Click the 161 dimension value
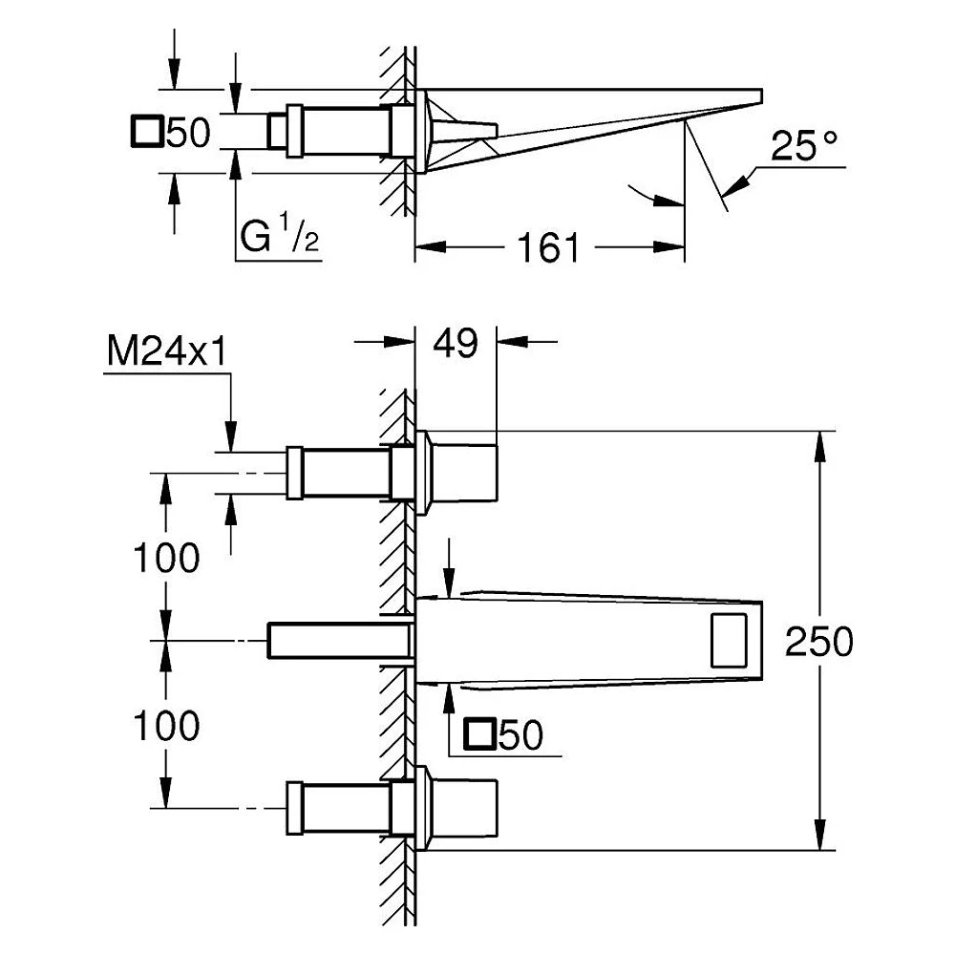[x=548, y=248]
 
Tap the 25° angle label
[x=804, y=146]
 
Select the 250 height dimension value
[x=818, y=642]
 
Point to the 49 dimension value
[x=456, y=343]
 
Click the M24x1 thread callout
[x=167, y=351]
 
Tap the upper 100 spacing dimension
[x=166, y=558]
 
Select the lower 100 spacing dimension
[x=166, y=726]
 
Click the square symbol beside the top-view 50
[x=146, y=131]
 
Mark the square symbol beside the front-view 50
[x=479, y=733]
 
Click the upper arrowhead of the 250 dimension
[x=820, y=446]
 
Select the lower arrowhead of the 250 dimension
[x=820, y=835]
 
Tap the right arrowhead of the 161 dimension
[x=668, y=247]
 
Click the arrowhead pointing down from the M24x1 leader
[x=231, y=436]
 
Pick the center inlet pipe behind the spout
[x=340, y=640]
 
